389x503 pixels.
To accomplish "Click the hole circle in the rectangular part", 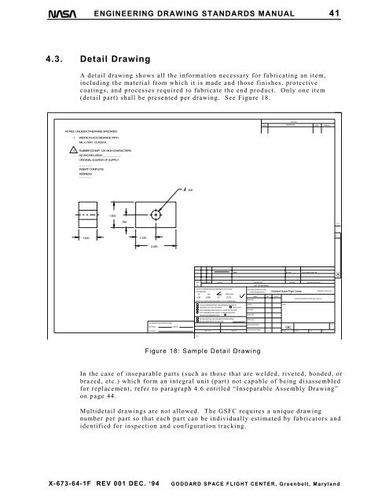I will coord(157,215).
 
